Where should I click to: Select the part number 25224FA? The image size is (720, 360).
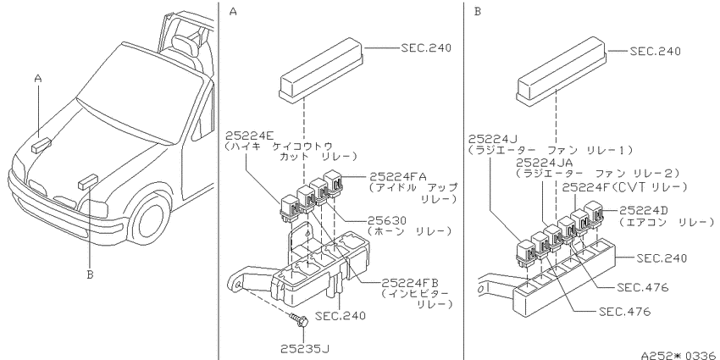coord(398,176)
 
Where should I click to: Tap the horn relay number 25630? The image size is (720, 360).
coord(387,220)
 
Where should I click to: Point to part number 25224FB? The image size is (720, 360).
coord(410,282)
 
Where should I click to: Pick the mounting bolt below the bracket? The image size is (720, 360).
coord(299,319)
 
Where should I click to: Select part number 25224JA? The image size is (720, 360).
coord(544,163)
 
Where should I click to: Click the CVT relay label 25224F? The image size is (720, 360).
coord(585,187)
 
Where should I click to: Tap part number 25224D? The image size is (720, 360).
coord(643,210)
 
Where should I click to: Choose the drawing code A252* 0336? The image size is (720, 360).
coord(680,354)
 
